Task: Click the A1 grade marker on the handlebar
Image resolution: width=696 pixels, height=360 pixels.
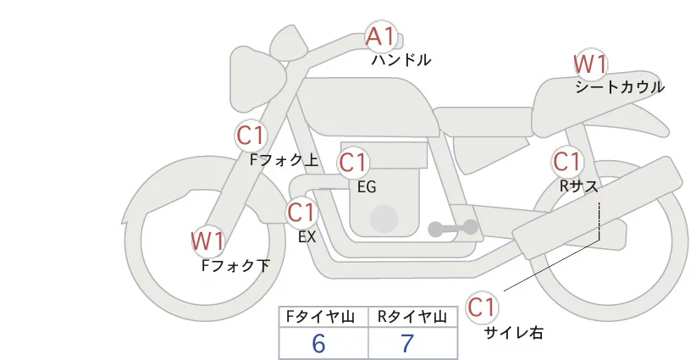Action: pos(379,36)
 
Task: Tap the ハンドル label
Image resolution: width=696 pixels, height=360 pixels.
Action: pos(401,60)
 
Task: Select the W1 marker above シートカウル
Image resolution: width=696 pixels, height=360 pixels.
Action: pos(590,64)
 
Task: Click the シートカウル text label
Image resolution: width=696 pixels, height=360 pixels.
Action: pos(619,87)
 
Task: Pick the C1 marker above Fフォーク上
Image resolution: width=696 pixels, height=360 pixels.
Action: pos(251,136)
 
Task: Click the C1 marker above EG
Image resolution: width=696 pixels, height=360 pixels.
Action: pos(352,162)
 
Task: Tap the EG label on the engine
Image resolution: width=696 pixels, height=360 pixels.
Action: pos(367,186)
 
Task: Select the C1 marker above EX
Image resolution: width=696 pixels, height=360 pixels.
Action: pos(301,212)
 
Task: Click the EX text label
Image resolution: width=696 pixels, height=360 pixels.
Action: pos(307,237)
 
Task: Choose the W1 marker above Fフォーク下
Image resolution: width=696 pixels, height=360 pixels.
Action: pos(207,241)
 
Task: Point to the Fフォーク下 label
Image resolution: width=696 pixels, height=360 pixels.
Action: pos(235,265)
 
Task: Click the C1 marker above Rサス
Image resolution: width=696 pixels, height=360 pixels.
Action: pos(566,161)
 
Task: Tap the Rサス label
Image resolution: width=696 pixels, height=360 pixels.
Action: pos(579,185)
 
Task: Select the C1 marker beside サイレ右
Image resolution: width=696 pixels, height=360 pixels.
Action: pos(482,306)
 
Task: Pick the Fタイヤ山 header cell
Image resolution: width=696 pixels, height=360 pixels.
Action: pos(323,317)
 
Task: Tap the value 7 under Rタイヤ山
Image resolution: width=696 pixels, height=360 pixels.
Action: pos(407,343)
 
